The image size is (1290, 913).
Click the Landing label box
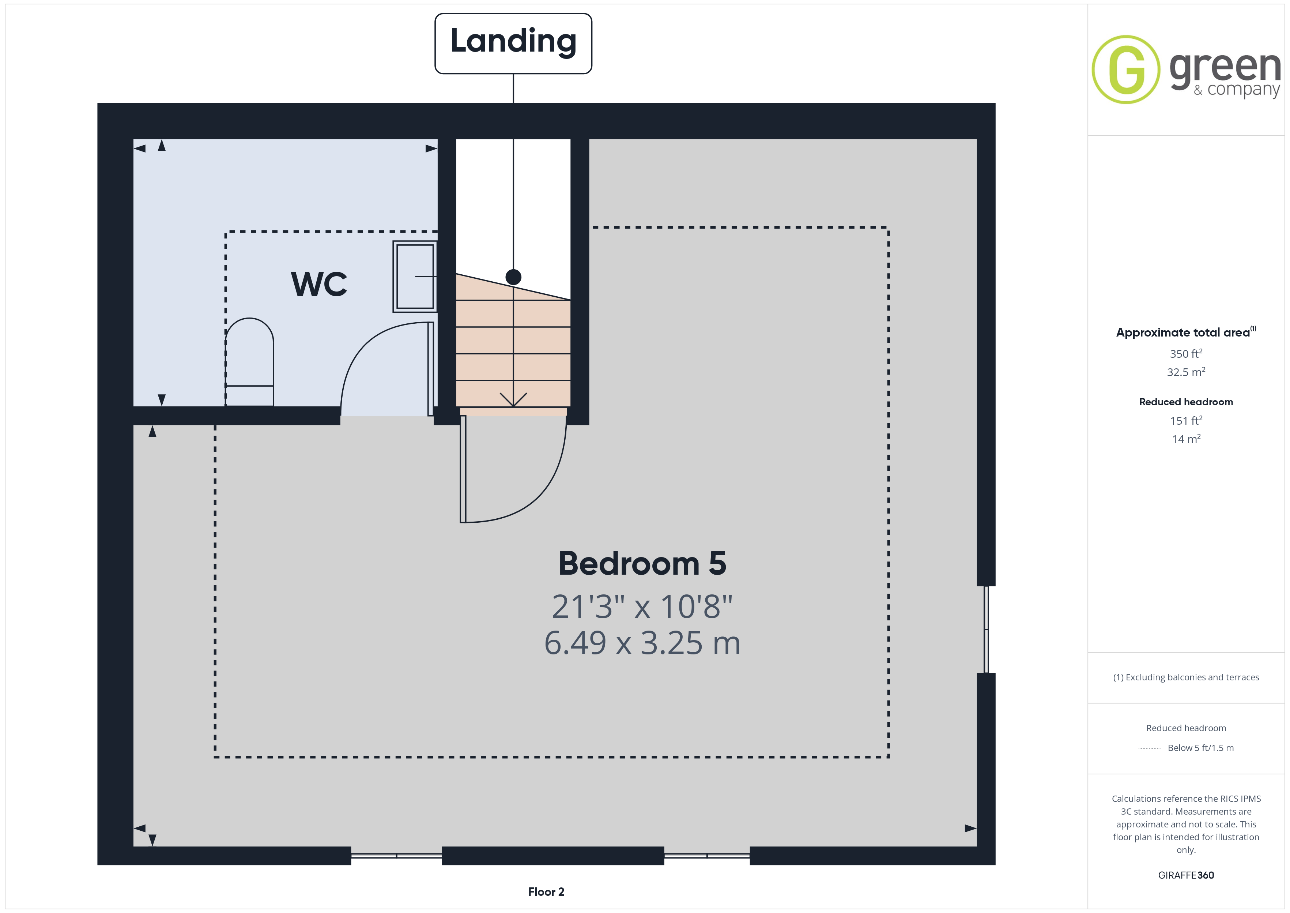pyautogui.click(x=513, y=43)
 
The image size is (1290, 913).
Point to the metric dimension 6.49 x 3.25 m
pyautogui.click(x=642, y=643)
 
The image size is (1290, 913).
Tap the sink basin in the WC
pyautogui.click(x=415, y=277)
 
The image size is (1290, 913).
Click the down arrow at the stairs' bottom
pyautogui.click(x=513, y=399)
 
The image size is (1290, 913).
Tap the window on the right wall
pyautogui.click(x=986, y=629)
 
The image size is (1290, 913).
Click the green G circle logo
pyautogui.click(x=1125, y=70)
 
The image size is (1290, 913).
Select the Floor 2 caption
pyautogui.click(x=546, y=892)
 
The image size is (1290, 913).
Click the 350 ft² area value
pyautogui.click(x=1186, y=354)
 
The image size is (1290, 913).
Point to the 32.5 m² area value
pyautogui.click(x=1186, y=372)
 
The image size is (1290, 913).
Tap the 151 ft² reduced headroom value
pyautogui.click(x=1186, y=421)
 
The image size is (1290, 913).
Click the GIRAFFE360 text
pyautogui.click(x=1186, y=875)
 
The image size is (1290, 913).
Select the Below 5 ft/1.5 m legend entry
pyautogui.click(x=1201, y=748)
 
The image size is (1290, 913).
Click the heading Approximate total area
pyautogui.click(x=1183, y=332)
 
